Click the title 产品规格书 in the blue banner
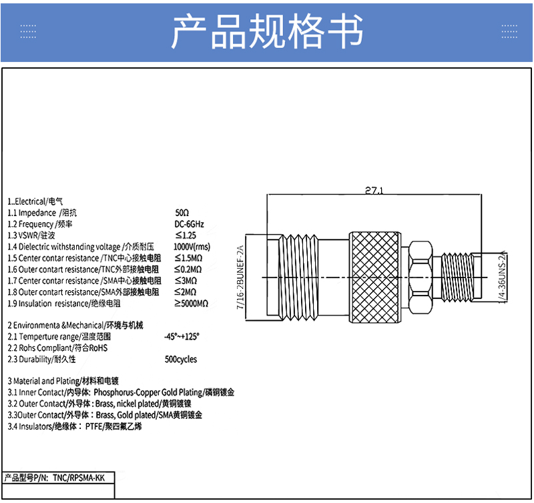(267, 31)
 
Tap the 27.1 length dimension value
(374, 191)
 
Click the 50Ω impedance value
(182, 213)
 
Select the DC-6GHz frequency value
(189, 224)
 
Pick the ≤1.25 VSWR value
(186, 235)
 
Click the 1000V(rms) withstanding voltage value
(192, 247)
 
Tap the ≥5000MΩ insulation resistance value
(192, 304)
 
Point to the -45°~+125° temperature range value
(182, 337)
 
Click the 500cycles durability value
(181, 360)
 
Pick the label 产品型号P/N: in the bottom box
(27, 478)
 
